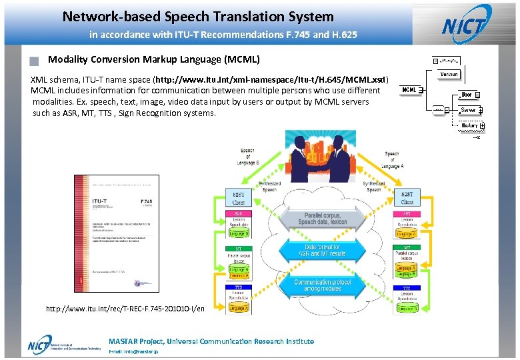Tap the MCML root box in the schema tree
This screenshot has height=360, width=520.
click(409, 90)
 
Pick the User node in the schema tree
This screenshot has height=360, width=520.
click(467, 95)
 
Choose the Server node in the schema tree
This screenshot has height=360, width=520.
click(468, 110)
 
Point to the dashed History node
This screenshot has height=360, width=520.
click(469, 125)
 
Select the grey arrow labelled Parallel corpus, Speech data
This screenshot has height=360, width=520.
click(322, 217)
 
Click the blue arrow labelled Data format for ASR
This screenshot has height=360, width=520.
click(322, 251)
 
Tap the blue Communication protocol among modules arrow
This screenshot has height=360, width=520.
click(322, 285)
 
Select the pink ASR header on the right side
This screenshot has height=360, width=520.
click(407, 215)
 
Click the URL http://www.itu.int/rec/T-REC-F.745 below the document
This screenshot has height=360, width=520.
click(125, 309)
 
